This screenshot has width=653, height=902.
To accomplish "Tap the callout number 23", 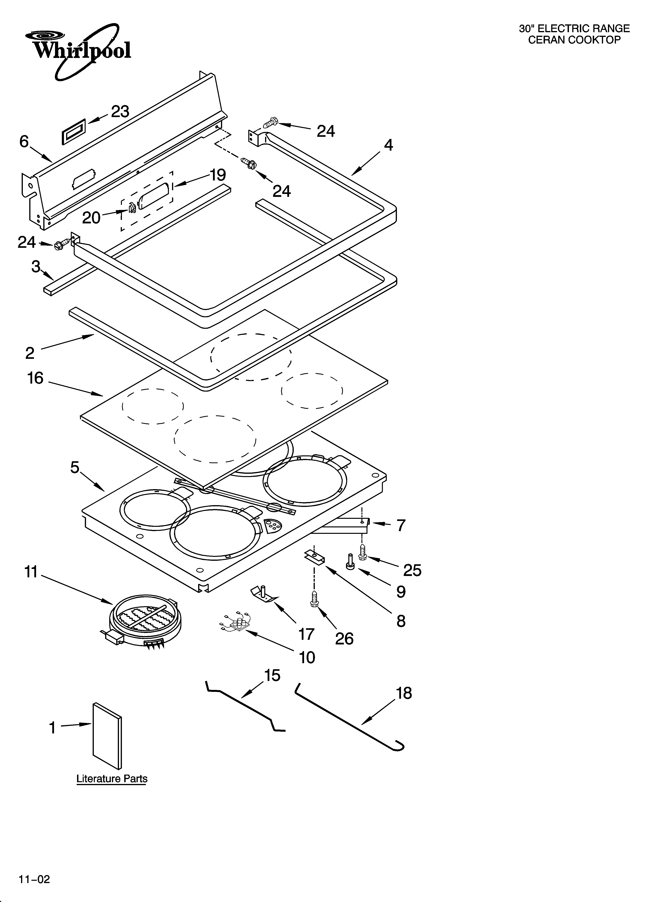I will [x=120, y=112].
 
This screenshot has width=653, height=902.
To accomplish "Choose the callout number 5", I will [x=75, y=468].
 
